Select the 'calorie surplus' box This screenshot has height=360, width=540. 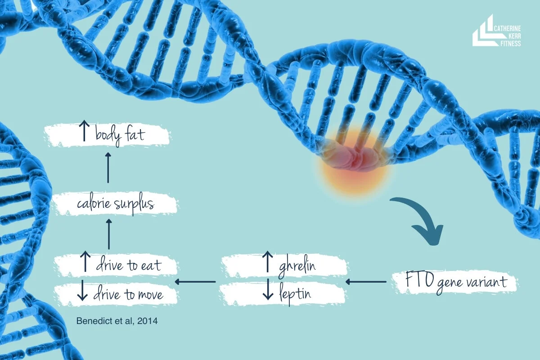[x=115, y=204]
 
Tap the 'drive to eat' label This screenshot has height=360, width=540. [x=128, y=265]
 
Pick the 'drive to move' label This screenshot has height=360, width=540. [x=128, y=295]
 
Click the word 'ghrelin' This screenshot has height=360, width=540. [x=297, y=265]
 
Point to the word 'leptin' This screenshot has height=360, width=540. [x=294, y=295]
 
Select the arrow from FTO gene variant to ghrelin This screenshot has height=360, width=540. [x=366, y=282]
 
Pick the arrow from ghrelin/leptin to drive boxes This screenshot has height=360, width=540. [x=195, y=282]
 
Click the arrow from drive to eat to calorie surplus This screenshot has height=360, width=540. [x=108, y=234]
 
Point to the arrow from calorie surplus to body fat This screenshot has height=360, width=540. [x=108, y=167]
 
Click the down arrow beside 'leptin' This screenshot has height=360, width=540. [x=268, y=290]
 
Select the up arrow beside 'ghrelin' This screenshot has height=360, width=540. [x=267, y=262]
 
